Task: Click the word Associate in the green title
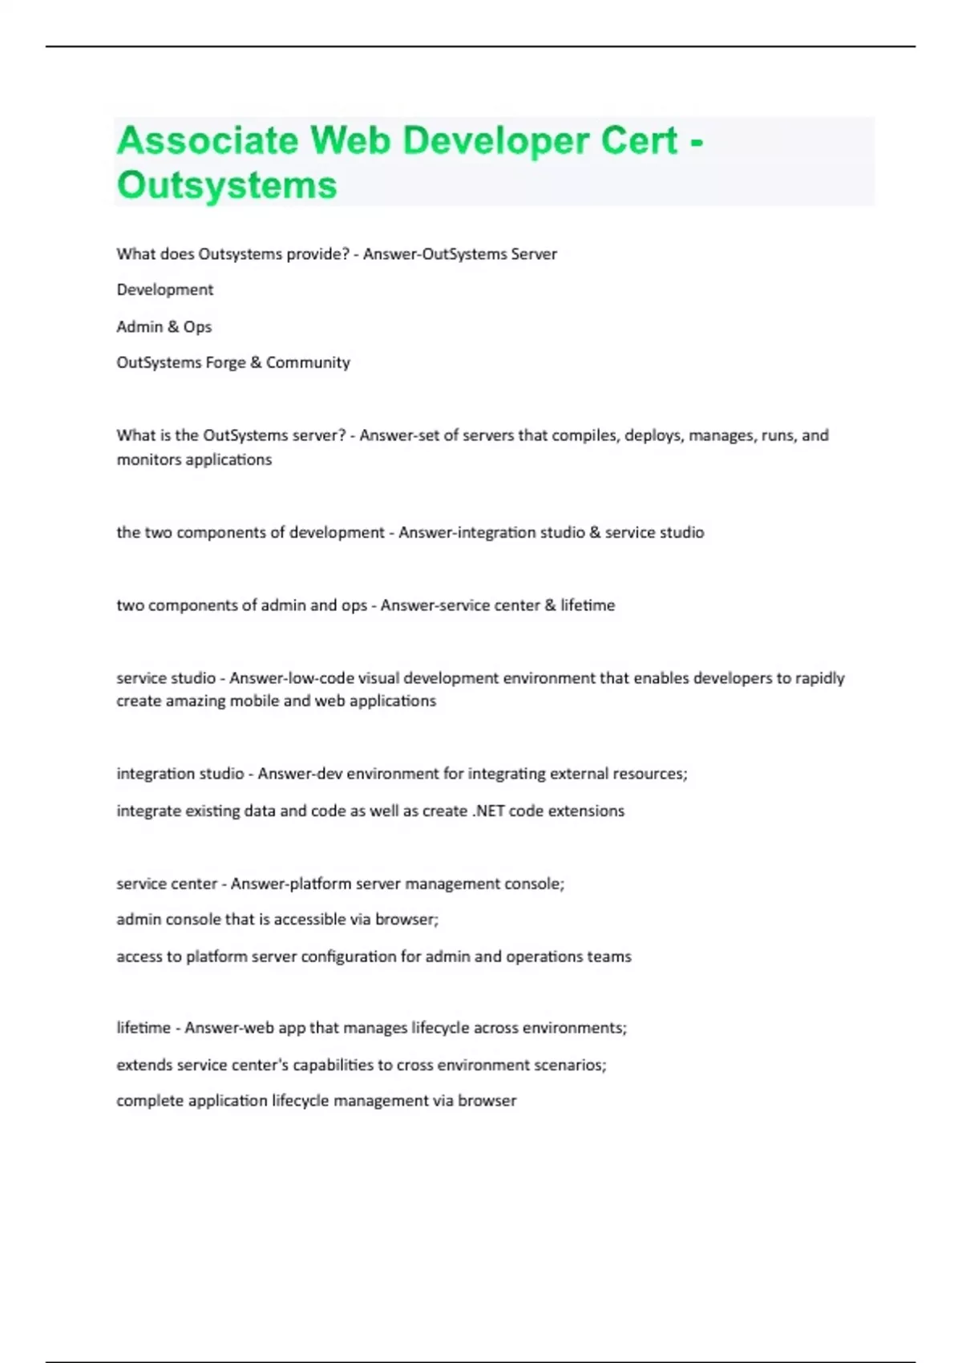pos(208,141)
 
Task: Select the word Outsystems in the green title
pos(227,185)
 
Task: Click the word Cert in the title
pos(639,141)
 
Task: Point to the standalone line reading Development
pos(165,289)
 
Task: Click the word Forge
pos(225,362)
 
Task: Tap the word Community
pos(308,362)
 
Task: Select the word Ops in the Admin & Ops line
pos(197,327)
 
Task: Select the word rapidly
pos(819,678)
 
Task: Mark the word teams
pos(609,957)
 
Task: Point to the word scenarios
pos(571,1065)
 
